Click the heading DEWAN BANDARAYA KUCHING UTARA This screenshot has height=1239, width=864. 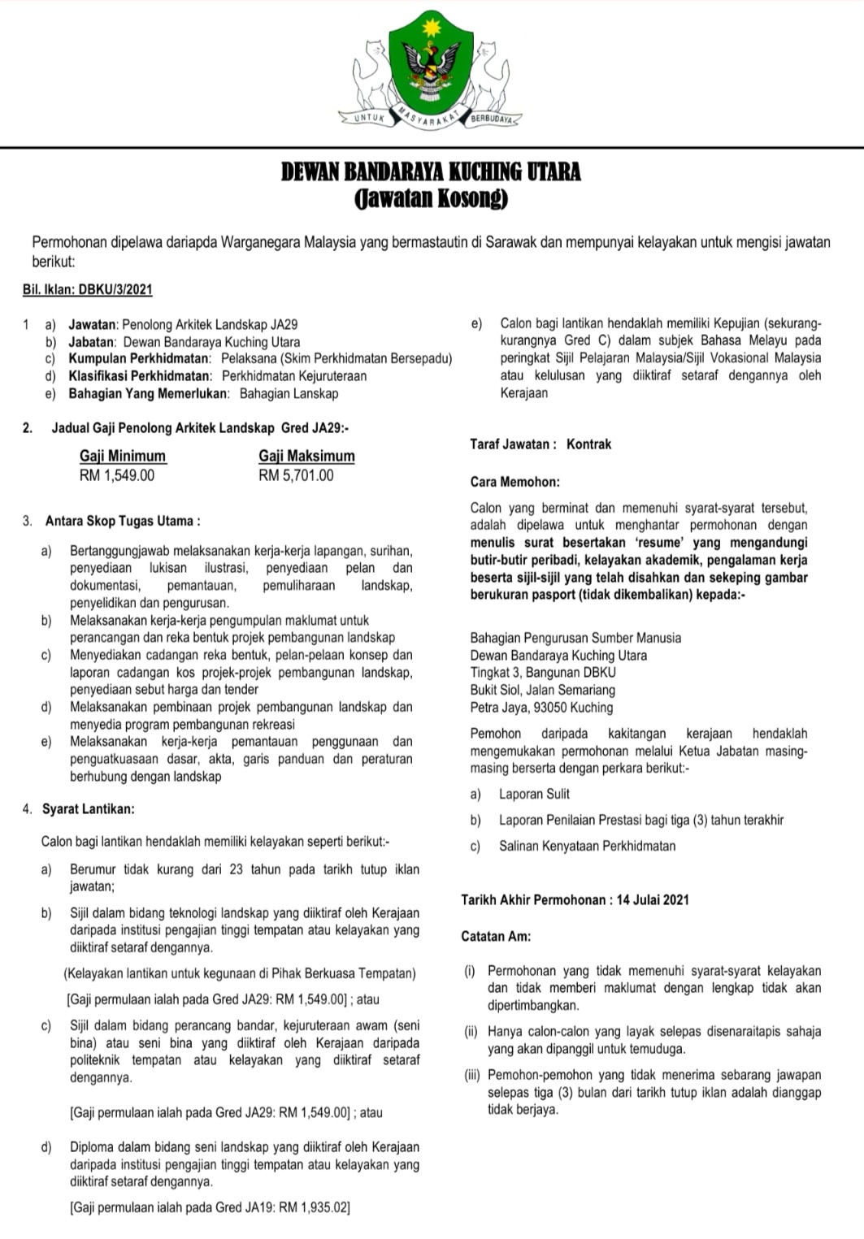pos(431,172)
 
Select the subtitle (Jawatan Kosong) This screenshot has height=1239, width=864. pos(431,198)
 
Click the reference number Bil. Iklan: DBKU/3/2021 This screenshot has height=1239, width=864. pos(88,290)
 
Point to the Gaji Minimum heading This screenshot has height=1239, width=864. pos(123,457)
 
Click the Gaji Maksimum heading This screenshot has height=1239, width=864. pos(306,457)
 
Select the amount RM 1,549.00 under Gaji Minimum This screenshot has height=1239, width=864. pos(117,475)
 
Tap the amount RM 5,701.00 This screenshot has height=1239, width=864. pos(296,475)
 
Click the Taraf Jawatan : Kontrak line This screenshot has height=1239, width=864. pos(541,444)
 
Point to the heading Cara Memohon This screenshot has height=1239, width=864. pos(514,482)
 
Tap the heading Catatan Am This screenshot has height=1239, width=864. pos(496,936)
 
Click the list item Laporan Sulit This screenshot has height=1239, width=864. pos(534,794)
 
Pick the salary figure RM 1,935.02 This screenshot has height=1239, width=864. pos(314,1208)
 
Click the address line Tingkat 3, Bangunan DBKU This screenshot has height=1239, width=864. pos(543,673)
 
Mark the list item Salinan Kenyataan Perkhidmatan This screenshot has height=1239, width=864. pos(587,846)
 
